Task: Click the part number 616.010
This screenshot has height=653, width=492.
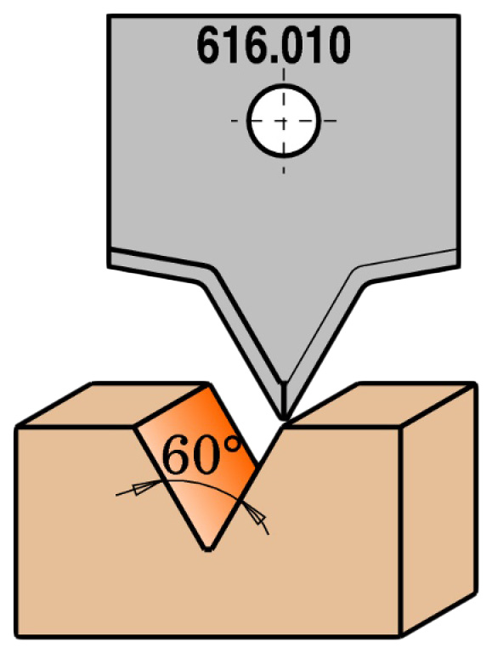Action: click(273, 44)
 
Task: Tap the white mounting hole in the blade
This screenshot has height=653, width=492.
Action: click(284, 121)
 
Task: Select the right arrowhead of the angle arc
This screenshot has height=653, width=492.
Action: click(256, 513)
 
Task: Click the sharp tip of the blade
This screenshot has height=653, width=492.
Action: click(284, 418)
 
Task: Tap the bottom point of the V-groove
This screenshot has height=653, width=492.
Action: click(208, 548)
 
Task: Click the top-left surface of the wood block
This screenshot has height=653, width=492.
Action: click(112, 404)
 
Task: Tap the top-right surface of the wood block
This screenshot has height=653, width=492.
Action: click(380, 403)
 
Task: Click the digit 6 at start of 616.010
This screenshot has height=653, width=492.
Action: click(209, 45)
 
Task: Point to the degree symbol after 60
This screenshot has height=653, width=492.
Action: click(234, 445)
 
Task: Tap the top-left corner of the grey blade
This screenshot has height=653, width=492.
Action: click(108, 16)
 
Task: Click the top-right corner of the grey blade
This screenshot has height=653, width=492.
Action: click(458, 16)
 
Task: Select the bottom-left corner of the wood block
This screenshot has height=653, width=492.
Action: click(18, 635)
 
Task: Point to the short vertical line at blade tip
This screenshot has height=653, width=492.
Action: click(284, 399)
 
